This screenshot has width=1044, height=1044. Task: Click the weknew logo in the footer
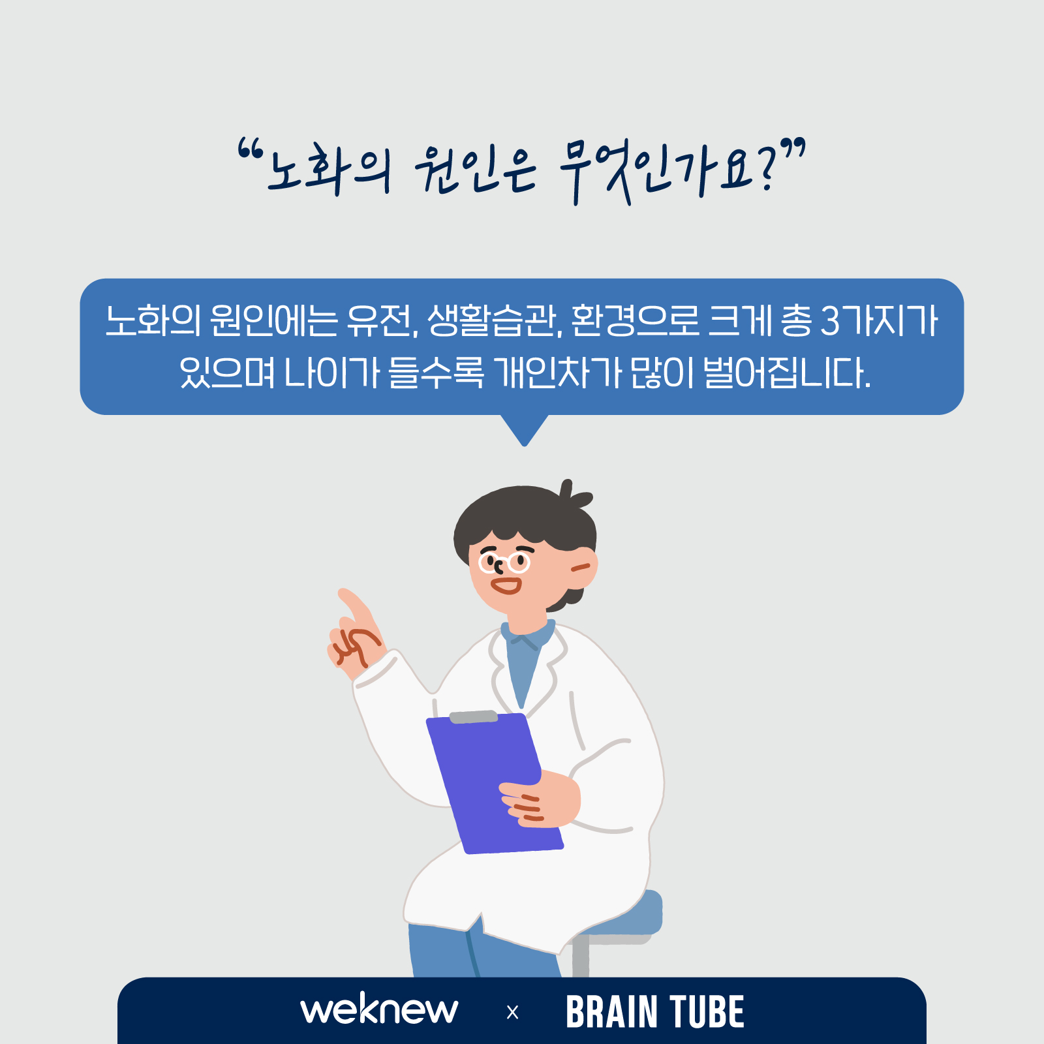379,1009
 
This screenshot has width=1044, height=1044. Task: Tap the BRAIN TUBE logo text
654,1012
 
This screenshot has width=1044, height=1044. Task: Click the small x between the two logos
512,1013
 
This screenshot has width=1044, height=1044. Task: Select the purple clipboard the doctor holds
494,783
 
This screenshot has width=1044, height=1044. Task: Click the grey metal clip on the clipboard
474,716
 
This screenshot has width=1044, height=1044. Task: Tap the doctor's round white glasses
504,562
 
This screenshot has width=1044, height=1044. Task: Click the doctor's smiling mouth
506,585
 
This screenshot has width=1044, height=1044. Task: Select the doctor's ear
583,567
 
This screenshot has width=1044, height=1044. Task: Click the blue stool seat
626,917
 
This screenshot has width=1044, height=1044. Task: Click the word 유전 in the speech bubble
382,320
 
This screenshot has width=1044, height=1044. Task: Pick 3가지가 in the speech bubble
879,320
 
